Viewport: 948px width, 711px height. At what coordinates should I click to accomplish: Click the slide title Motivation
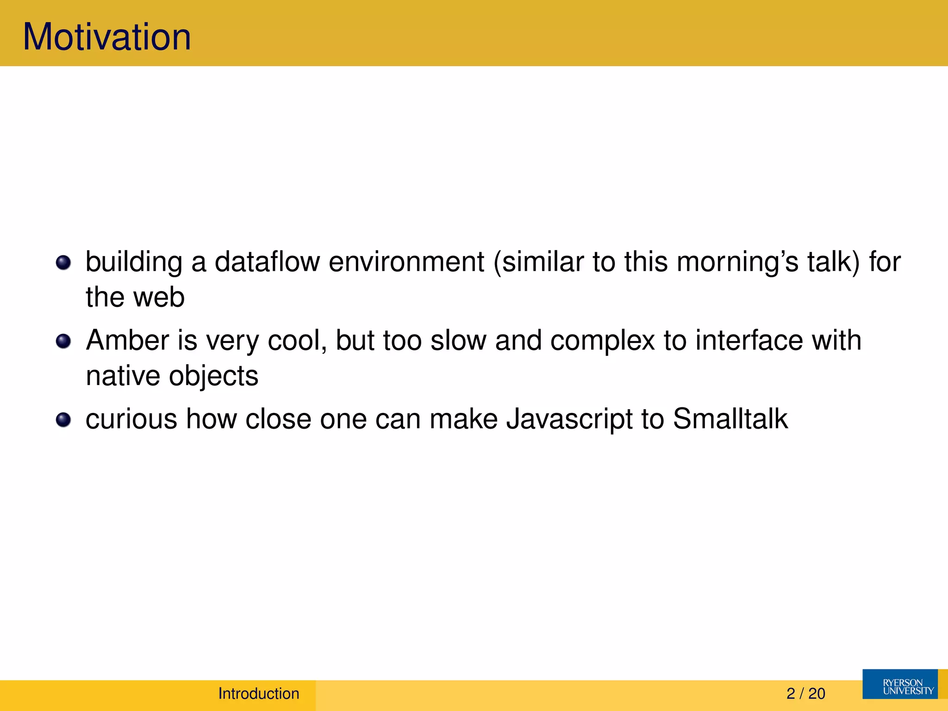coord(107,37)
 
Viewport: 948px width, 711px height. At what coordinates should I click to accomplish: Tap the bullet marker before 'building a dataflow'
coord(63,263)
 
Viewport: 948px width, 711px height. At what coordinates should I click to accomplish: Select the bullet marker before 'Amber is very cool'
coord(63,342)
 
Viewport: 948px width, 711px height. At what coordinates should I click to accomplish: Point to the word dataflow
coord(267,262)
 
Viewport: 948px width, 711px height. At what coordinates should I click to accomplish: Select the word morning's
coord(737,262)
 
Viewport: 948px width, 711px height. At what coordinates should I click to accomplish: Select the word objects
coord(213,376)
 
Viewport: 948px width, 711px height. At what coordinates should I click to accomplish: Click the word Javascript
coord(569,419)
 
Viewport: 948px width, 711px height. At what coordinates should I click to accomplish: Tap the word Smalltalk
coord(730,419)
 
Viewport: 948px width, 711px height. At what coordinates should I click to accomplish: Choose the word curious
coord(131,419)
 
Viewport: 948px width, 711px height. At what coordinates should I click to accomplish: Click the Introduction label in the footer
coord(259,693)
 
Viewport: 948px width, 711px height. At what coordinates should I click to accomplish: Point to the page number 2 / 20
coord(805,693)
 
